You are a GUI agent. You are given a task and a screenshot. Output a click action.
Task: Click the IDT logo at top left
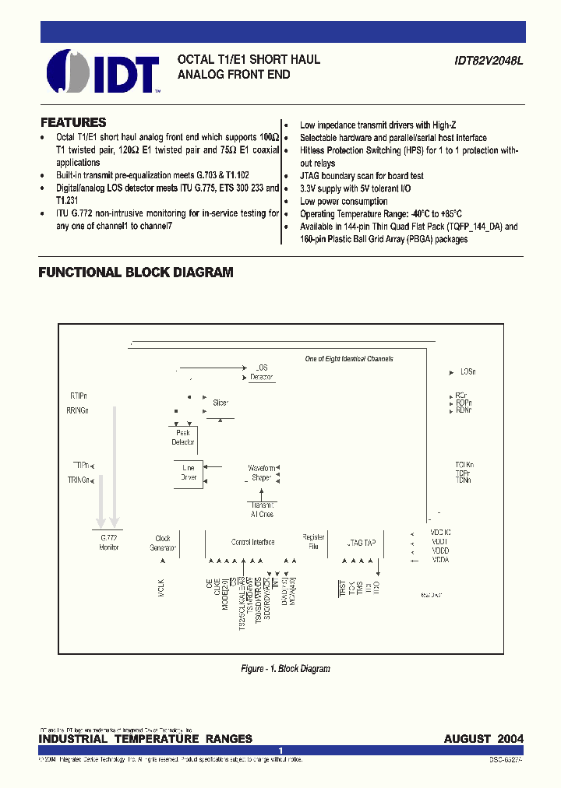(103, 72)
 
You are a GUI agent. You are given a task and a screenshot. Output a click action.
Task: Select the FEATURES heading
(73, 122)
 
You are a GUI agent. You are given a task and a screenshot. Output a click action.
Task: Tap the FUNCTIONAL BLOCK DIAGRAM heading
(136, 273)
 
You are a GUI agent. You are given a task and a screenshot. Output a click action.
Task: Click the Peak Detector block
(183, 438)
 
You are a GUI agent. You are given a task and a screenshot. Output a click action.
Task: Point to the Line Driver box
(189, 473)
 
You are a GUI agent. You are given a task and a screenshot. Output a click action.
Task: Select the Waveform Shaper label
(262, 473)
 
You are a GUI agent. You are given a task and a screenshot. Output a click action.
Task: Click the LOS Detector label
(262, 372)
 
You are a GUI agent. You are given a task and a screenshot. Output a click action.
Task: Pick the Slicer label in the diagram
(221, 403)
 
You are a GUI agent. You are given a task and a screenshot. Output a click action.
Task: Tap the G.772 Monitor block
(109, 542)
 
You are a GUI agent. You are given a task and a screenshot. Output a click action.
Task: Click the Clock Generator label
(163, 543)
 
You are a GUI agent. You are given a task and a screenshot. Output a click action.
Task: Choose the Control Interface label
(252, 542)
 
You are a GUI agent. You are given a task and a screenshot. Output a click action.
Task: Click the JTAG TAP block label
(362, 542)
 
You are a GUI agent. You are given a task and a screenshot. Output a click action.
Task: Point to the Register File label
(313, 542)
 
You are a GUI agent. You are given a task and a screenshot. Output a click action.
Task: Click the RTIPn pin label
(78, 396)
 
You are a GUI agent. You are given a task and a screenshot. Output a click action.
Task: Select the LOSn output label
(467, 372)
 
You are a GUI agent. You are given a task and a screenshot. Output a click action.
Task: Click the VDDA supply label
(440, 560)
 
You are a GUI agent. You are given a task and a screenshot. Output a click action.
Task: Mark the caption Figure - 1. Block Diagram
(284, 669)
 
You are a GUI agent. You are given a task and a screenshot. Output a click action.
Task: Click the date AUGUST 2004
(483, 738)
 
